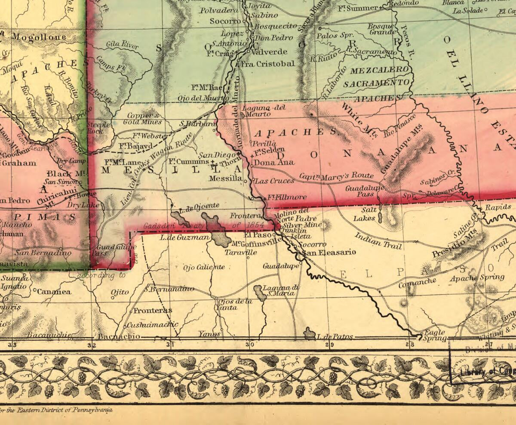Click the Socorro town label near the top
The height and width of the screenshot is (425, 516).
point(225,21)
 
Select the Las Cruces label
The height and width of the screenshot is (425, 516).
point(275,181)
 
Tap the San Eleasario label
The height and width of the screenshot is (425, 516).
point(329,253)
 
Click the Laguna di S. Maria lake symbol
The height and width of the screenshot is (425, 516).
point(260,292)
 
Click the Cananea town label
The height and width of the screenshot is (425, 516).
point(54,292)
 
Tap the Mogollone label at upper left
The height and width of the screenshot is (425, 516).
point(39,37)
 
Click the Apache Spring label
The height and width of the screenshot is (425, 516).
point(477,277)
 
